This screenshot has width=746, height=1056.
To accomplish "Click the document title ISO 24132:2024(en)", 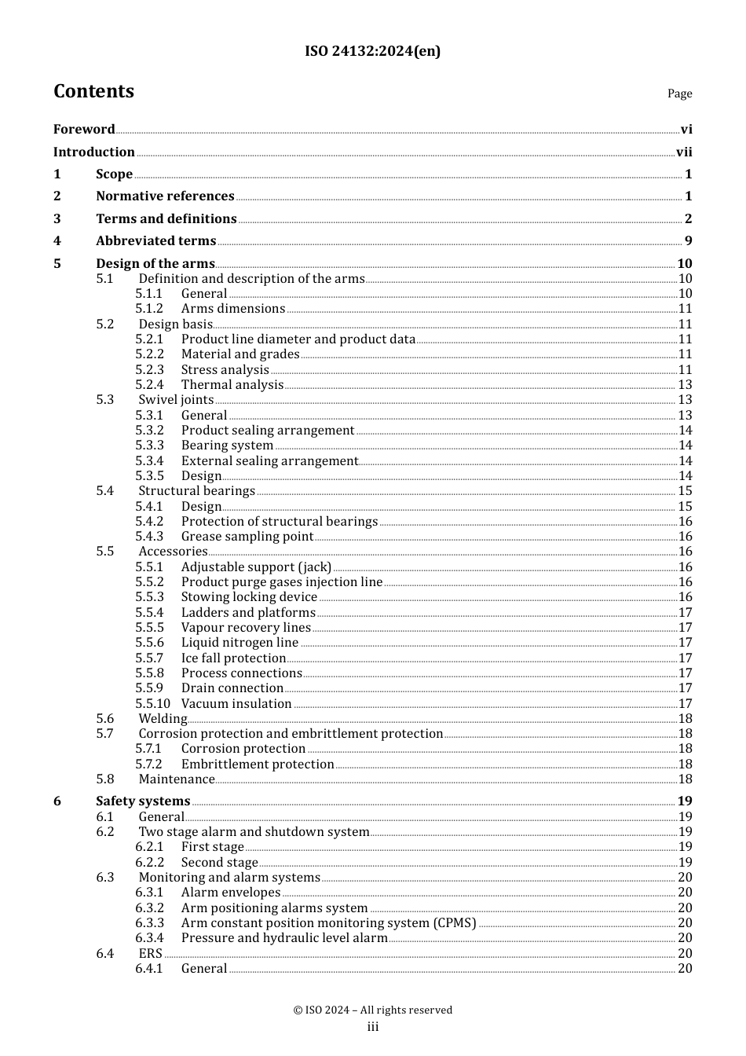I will [x=372, y=51].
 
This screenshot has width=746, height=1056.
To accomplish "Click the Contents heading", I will [x=93, y=91].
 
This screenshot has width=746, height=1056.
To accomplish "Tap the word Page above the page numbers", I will [x=679, y=93].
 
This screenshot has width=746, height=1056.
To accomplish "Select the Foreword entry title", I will [x=84, y=129].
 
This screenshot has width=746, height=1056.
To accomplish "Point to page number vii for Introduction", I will [x=684, y=152].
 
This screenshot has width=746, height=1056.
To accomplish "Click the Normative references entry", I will [x=165, y=196].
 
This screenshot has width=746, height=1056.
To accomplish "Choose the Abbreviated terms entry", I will [x=155, y=241].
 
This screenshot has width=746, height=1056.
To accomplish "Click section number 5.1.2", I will [x=149, y=309].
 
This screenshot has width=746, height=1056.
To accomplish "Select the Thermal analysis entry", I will [x=232, y=385].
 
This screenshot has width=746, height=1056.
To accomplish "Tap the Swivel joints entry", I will [x=176, y=400].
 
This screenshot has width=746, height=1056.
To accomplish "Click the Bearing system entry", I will [x=227, y=445].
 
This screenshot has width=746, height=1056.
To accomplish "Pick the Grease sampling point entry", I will [x=247, y=537].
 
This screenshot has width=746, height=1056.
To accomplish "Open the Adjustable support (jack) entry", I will [x=256, y=567].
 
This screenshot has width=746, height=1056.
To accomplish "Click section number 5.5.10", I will [x=152, y=704].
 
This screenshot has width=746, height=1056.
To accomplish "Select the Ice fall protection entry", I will [x=233, y=658].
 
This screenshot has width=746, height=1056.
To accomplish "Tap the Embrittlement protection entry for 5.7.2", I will [x=258, y=764].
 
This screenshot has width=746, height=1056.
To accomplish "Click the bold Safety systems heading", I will [x=143, y=801].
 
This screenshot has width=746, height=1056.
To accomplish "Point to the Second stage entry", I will [x=219, y=863].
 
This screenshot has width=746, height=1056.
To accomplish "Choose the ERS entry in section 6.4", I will [x=150, y=954].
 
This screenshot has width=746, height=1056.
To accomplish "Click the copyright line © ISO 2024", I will [x=372, y=1010].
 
